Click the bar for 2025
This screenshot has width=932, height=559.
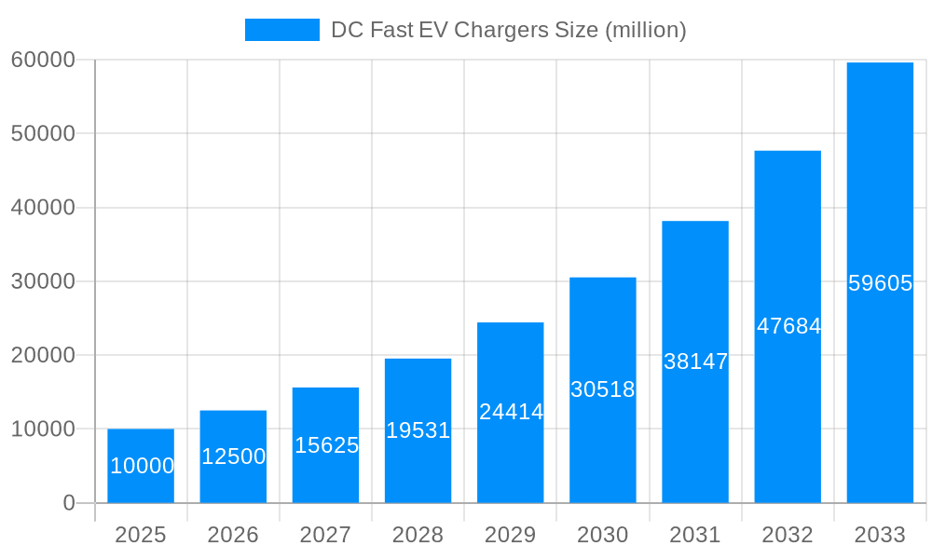141,466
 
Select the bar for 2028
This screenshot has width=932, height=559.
418,430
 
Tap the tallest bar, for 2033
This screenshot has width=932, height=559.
880,282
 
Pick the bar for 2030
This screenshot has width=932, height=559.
603,389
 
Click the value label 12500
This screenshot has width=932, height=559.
233,457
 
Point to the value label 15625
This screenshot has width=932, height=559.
326,445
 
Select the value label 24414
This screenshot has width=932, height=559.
511,412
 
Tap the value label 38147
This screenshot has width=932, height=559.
695,361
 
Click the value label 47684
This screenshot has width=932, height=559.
788,326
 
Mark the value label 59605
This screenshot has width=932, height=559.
880,283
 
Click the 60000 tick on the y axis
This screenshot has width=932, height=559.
43,60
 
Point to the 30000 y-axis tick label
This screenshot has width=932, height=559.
43,281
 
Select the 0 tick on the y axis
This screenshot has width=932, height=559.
69,503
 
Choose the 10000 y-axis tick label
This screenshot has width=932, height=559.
43,429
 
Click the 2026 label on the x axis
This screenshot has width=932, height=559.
233,535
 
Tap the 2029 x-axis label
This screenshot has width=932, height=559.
511,535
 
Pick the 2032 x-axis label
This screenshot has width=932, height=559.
788,535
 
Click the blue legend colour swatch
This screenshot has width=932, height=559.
281,30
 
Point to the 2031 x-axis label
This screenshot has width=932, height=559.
695,535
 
